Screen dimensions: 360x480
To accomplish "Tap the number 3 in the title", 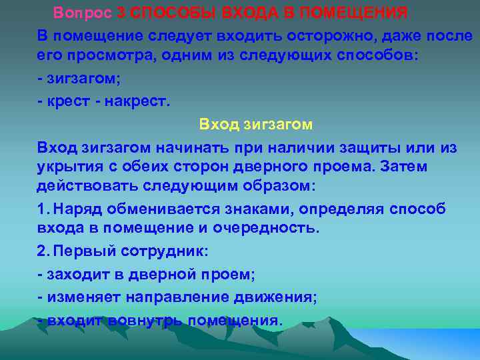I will pos(120,13).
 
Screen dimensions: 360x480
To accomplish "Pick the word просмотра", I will pos(105,55).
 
